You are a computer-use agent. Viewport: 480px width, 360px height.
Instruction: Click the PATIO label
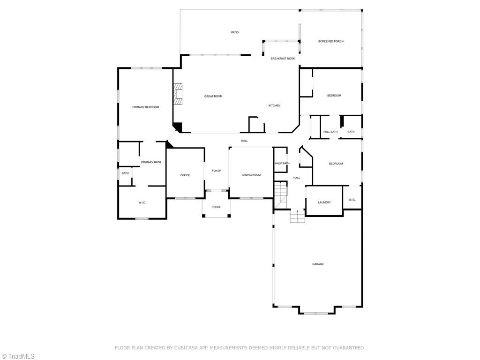tap(235, 32)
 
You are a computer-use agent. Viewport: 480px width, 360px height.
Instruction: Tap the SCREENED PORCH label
tap(330, 41)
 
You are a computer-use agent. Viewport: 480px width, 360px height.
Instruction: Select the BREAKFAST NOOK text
tap(283, 59)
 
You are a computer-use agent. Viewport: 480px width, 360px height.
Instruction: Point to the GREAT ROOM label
tap(213, 96)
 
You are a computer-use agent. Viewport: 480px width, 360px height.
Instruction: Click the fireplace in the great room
tap(178, 94)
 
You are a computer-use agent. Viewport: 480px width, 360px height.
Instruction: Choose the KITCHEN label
tap(274, 105)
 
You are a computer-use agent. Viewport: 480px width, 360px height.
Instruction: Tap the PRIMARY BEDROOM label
tap(145, 107)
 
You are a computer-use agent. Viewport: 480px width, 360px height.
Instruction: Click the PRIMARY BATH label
tap(151, 162)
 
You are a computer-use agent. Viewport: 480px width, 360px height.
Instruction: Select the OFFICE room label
tap(185, 175)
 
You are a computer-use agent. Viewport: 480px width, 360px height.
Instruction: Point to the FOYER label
tap(217, 171)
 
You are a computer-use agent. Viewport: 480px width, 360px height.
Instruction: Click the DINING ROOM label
tap(251, 175)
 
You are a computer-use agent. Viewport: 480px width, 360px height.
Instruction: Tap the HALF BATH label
tap(282, 163)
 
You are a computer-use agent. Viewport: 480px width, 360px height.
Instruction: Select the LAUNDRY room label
tap(324, 202)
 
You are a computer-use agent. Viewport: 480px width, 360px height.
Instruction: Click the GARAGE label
tap(318, 264)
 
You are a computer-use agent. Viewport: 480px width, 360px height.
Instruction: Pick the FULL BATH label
tap(330, 132)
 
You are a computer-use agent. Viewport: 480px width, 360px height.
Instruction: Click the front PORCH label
tap(216, 207)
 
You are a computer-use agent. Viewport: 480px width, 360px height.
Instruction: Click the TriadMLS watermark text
tap(21, 356)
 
